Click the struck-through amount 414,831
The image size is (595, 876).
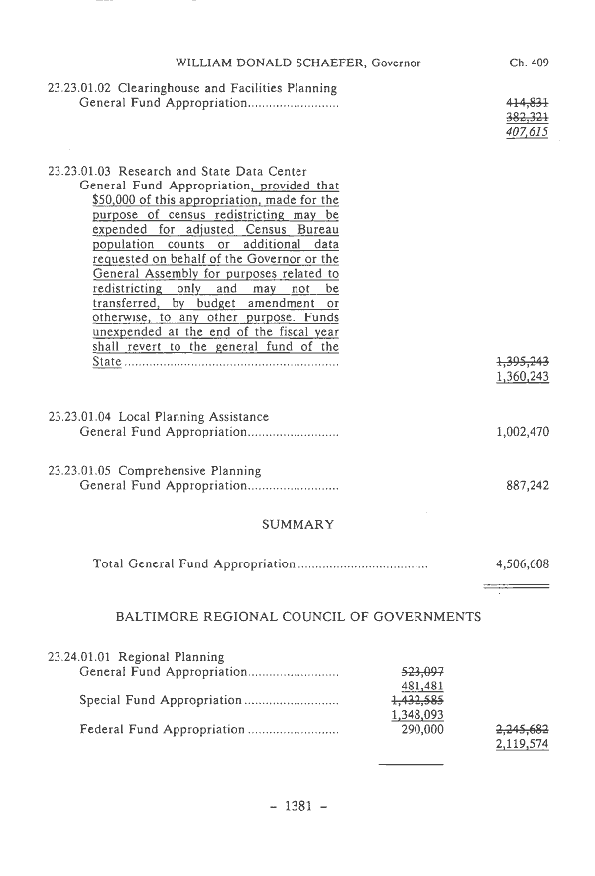click(x=528, y=102)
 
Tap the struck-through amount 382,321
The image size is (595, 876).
click(x=528, y=116)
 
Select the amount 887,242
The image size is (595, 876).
click(x=528, y=486)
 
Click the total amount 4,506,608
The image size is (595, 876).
click(x=523, y=564)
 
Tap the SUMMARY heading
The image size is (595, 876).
click(x=297, y=524)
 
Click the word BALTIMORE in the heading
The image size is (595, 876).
click(x=159, y=616)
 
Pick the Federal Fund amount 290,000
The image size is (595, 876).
click(x=420, y=729)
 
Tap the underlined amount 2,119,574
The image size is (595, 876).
click(x=523, y=744)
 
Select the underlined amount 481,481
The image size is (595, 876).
click(x=420, y=687)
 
